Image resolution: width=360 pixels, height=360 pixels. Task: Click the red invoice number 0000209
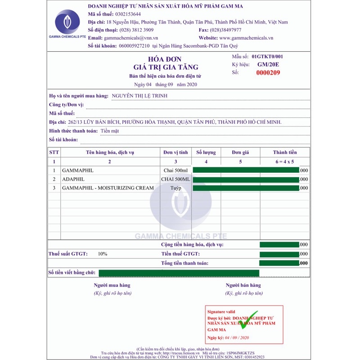[x=268, y=72]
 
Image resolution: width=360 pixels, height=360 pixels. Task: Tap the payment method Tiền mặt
[x=111, y=131]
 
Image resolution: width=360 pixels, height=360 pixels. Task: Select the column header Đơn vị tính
[x=175, y=152]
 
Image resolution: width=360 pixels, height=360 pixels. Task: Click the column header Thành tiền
[x=285, y=152]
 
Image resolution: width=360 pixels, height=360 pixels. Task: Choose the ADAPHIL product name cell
[x=74, y=179]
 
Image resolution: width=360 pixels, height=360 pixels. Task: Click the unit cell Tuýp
[x=175, y=188]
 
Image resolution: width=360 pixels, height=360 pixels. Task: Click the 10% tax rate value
[x=103, y=254]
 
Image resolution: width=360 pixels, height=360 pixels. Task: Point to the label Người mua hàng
[x=112, y=285]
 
